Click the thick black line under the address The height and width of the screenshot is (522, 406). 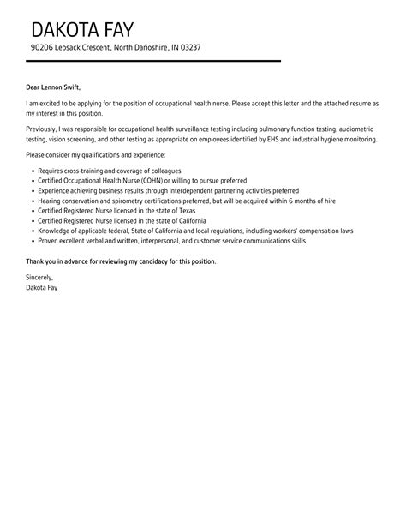(154, 61)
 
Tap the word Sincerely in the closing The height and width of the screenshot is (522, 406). (40, 278)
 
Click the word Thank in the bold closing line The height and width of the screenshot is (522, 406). (39, 260)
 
